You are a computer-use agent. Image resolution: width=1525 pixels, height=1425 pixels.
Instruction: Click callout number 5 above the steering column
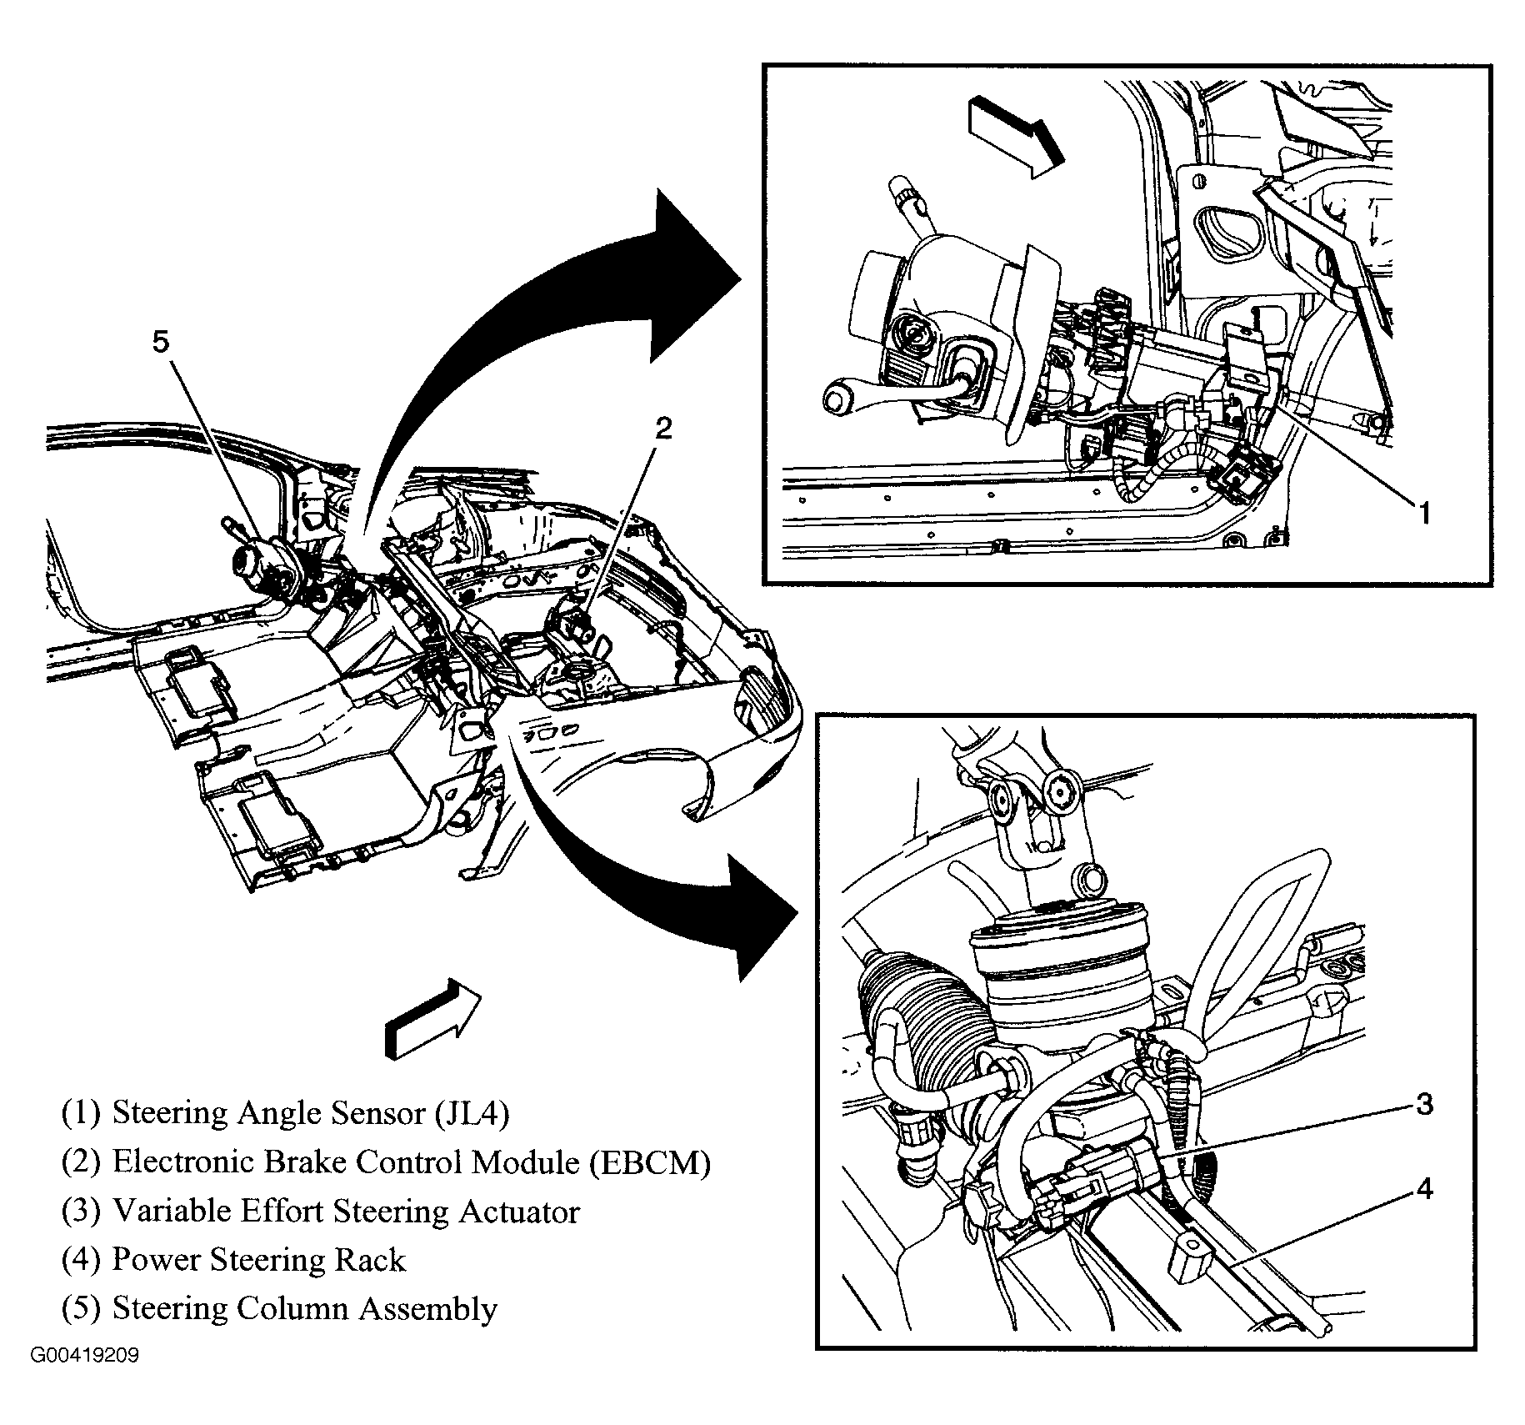click(160, 342)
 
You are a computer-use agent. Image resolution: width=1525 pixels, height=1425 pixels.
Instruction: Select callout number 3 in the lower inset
click(1424, 1105)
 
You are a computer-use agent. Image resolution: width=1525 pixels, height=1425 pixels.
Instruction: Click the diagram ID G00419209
click(85, 1379)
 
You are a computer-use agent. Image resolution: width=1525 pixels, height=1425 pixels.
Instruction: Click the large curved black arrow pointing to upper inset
click(542, 334)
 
